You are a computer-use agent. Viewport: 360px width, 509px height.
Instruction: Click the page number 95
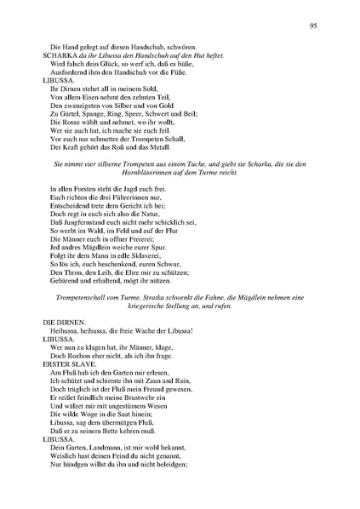click(314, 26)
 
